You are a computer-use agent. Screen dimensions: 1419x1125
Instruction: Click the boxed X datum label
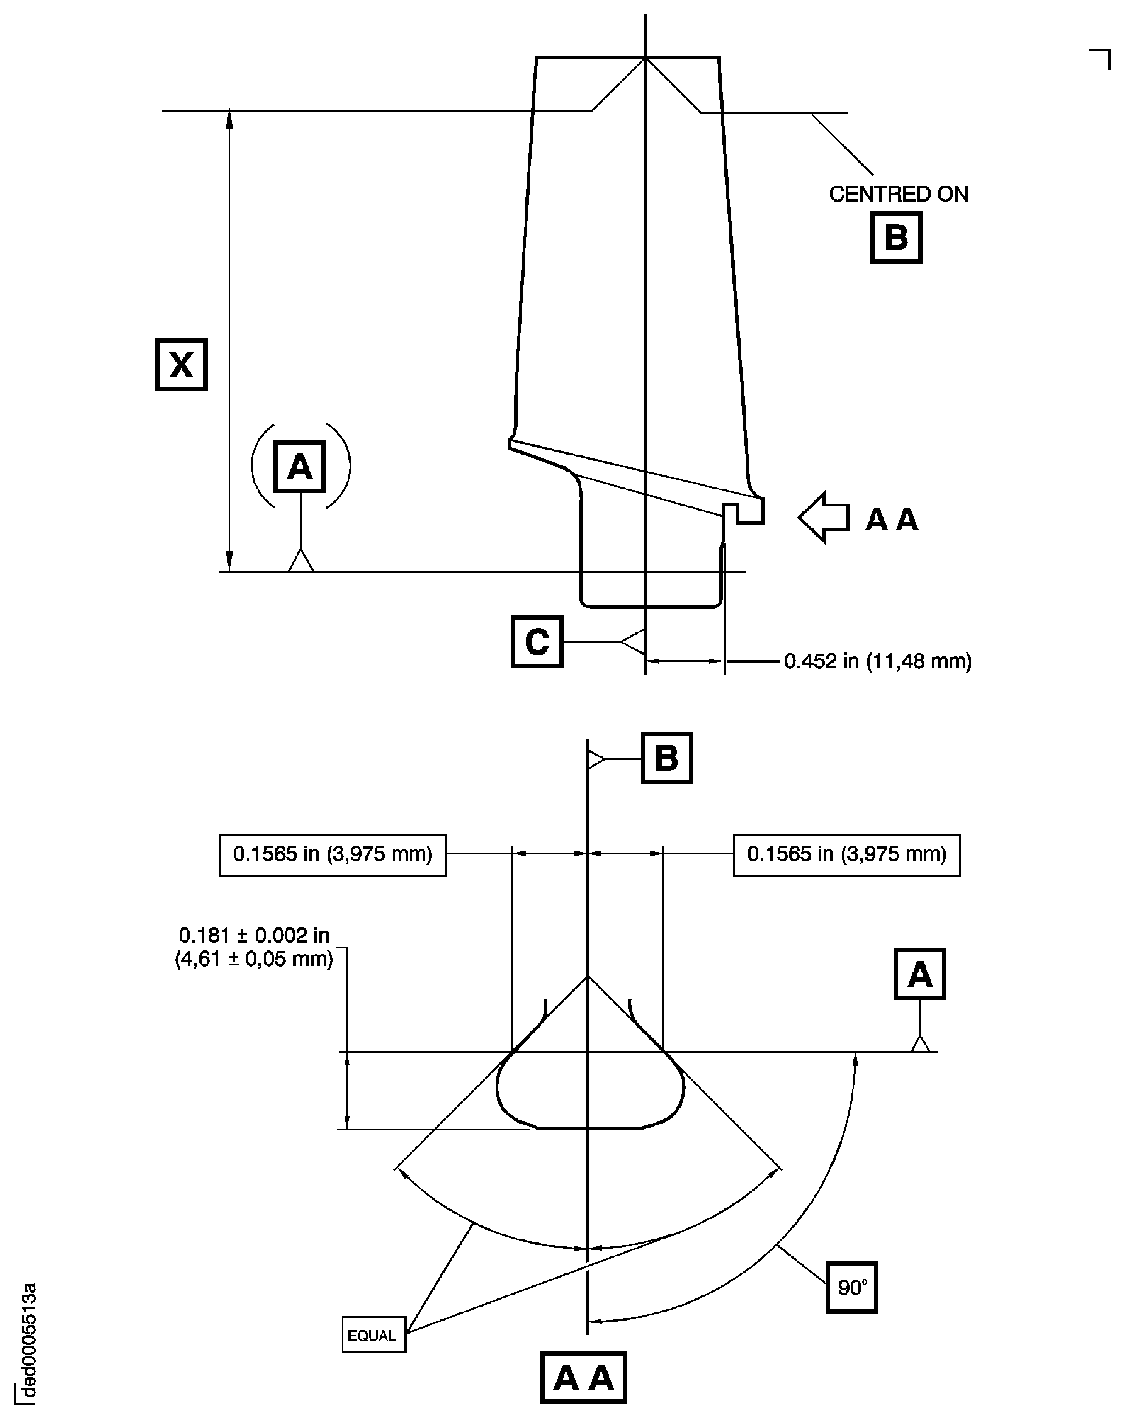click(x=181, y=365)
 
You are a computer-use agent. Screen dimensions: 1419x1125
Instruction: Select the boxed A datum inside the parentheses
click(x=300, y=466)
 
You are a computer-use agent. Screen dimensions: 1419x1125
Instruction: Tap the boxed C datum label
click(x=537, y=642)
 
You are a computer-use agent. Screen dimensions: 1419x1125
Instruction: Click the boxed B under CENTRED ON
click(x=896, y=238)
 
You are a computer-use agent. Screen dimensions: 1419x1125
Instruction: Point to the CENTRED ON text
click(x=899, y=194)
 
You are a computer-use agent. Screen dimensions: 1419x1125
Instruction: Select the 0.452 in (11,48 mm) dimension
click(x=878, y=661)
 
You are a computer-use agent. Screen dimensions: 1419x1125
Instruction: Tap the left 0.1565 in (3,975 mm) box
click(x=333, y=855)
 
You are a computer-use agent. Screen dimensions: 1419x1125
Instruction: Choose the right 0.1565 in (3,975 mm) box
click(x=847, y=855)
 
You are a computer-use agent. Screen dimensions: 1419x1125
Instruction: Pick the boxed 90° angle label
click(x=852, y=1287)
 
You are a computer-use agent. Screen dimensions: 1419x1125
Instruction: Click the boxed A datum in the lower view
click(x=920, y=975)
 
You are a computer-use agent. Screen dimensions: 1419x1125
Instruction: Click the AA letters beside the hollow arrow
click(x=892, y=520)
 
